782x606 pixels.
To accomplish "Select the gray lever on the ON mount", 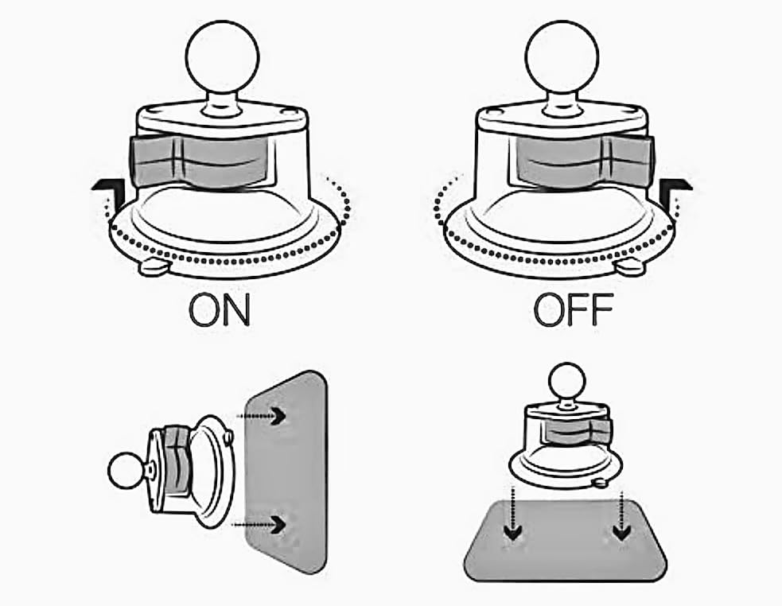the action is [200, 161].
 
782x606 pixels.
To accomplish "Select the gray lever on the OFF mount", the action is [583, 161].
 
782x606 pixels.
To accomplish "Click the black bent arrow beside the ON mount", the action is [108, 192].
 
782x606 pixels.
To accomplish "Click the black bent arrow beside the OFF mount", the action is [675, 192].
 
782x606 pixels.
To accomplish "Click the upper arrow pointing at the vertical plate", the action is [262, 415].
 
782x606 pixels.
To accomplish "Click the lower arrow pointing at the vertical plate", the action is [259, 524].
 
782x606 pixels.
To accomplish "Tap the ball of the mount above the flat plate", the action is [566, 382].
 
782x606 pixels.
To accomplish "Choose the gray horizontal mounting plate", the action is [566, 541].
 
